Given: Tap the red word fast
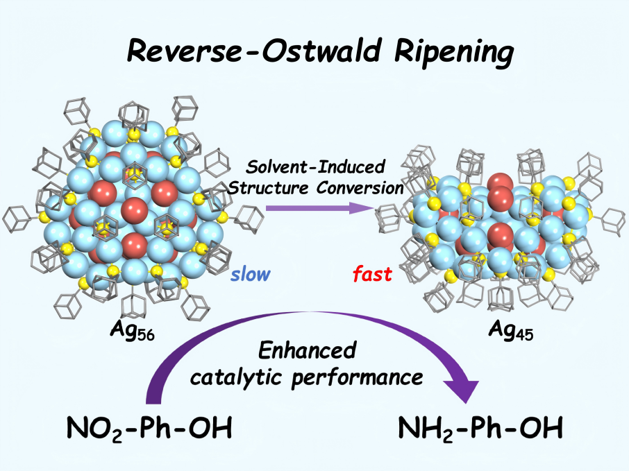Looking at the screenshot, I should [371, 274].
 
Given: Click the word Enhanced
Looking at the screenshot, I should [306, 352].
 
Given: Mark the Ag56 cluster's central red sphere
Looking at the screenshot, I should [133, 208].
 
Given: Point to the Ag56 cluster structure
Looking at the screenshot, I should [132, 208].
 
